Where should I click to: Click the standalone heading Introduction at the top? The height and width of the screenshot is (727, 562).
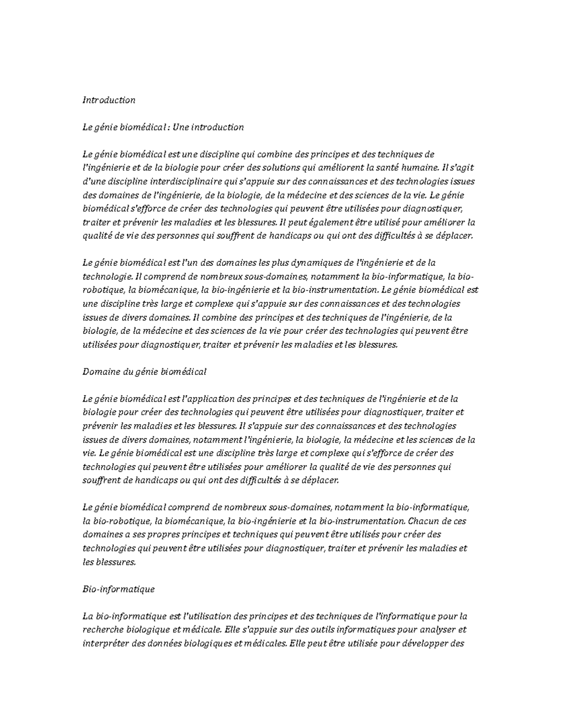[109, 100]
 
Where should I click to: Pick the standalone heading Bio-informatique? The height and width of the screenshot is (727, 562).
[118, 589]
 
